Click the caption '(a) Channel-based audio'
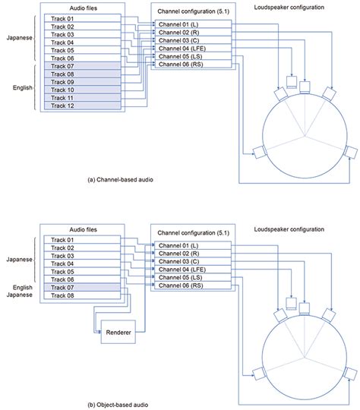(x=126, y=181)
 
